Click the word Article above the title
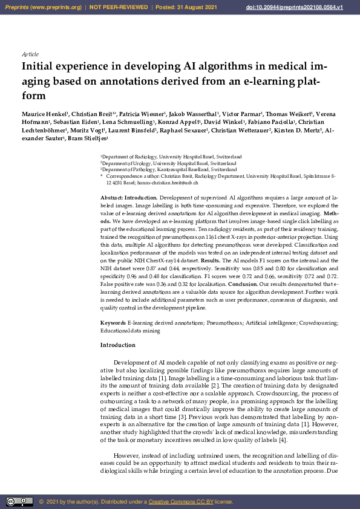pos(30,54)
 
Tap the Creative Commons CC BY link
pos(177,502)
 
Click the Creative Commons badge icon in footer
pos(19,501)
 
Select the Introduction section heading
pos(117,346)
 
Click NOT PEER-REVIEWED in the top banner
pos(119,7)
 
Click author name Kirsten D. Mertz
pos(297,130)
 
